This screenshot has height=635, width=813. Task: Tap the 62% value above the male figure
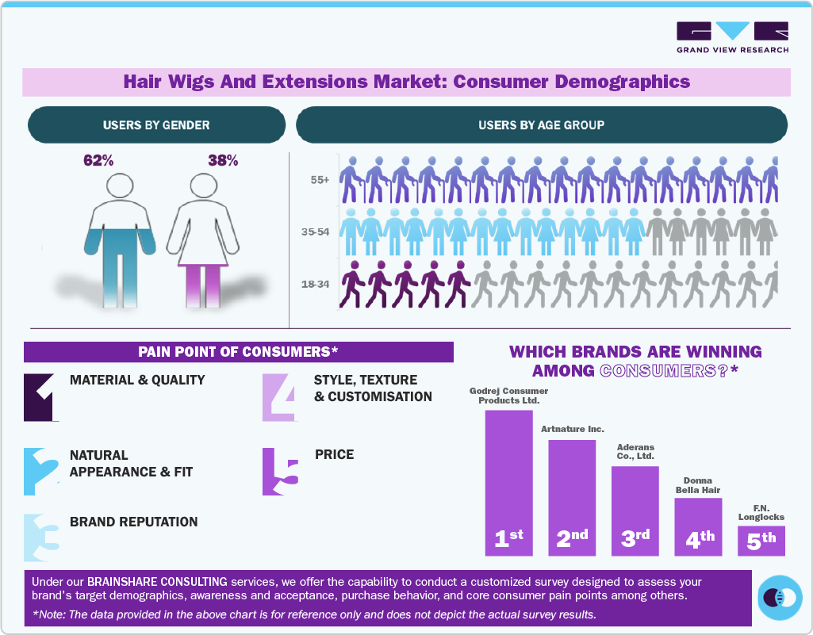[x=98, y=161]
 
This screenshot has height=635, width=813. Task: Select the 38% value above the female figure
[x=223, y=161]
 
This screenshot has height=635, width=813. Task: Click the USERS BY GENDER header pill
[x=156, y=125]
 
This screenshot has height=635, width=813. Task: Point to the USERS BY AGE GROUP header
[x=541, y=125]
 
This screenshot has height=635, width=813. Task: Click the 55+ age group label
[x=320, y=181]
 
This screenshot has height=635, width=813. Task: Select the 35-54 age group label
[x=316, y=231]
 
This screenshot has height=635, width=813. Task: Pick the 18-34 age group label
[x=316, y=283]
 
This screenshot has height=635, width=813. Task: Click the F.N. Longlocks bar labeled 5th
[x=761, y=541]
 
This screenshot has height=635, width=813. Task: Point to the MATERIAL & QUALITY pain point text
[x=137, y=381]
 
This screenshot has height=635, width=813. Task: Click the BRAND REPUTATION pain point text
[x=134, y=522]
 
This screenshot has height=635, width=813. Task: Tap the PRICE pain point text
[x=334, y=455]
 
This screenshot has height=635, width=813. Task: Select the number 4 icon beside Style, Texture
[x=278, y=396]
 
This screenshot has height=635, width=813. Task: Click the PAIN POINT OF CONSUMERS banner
[x=238, y=352]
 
